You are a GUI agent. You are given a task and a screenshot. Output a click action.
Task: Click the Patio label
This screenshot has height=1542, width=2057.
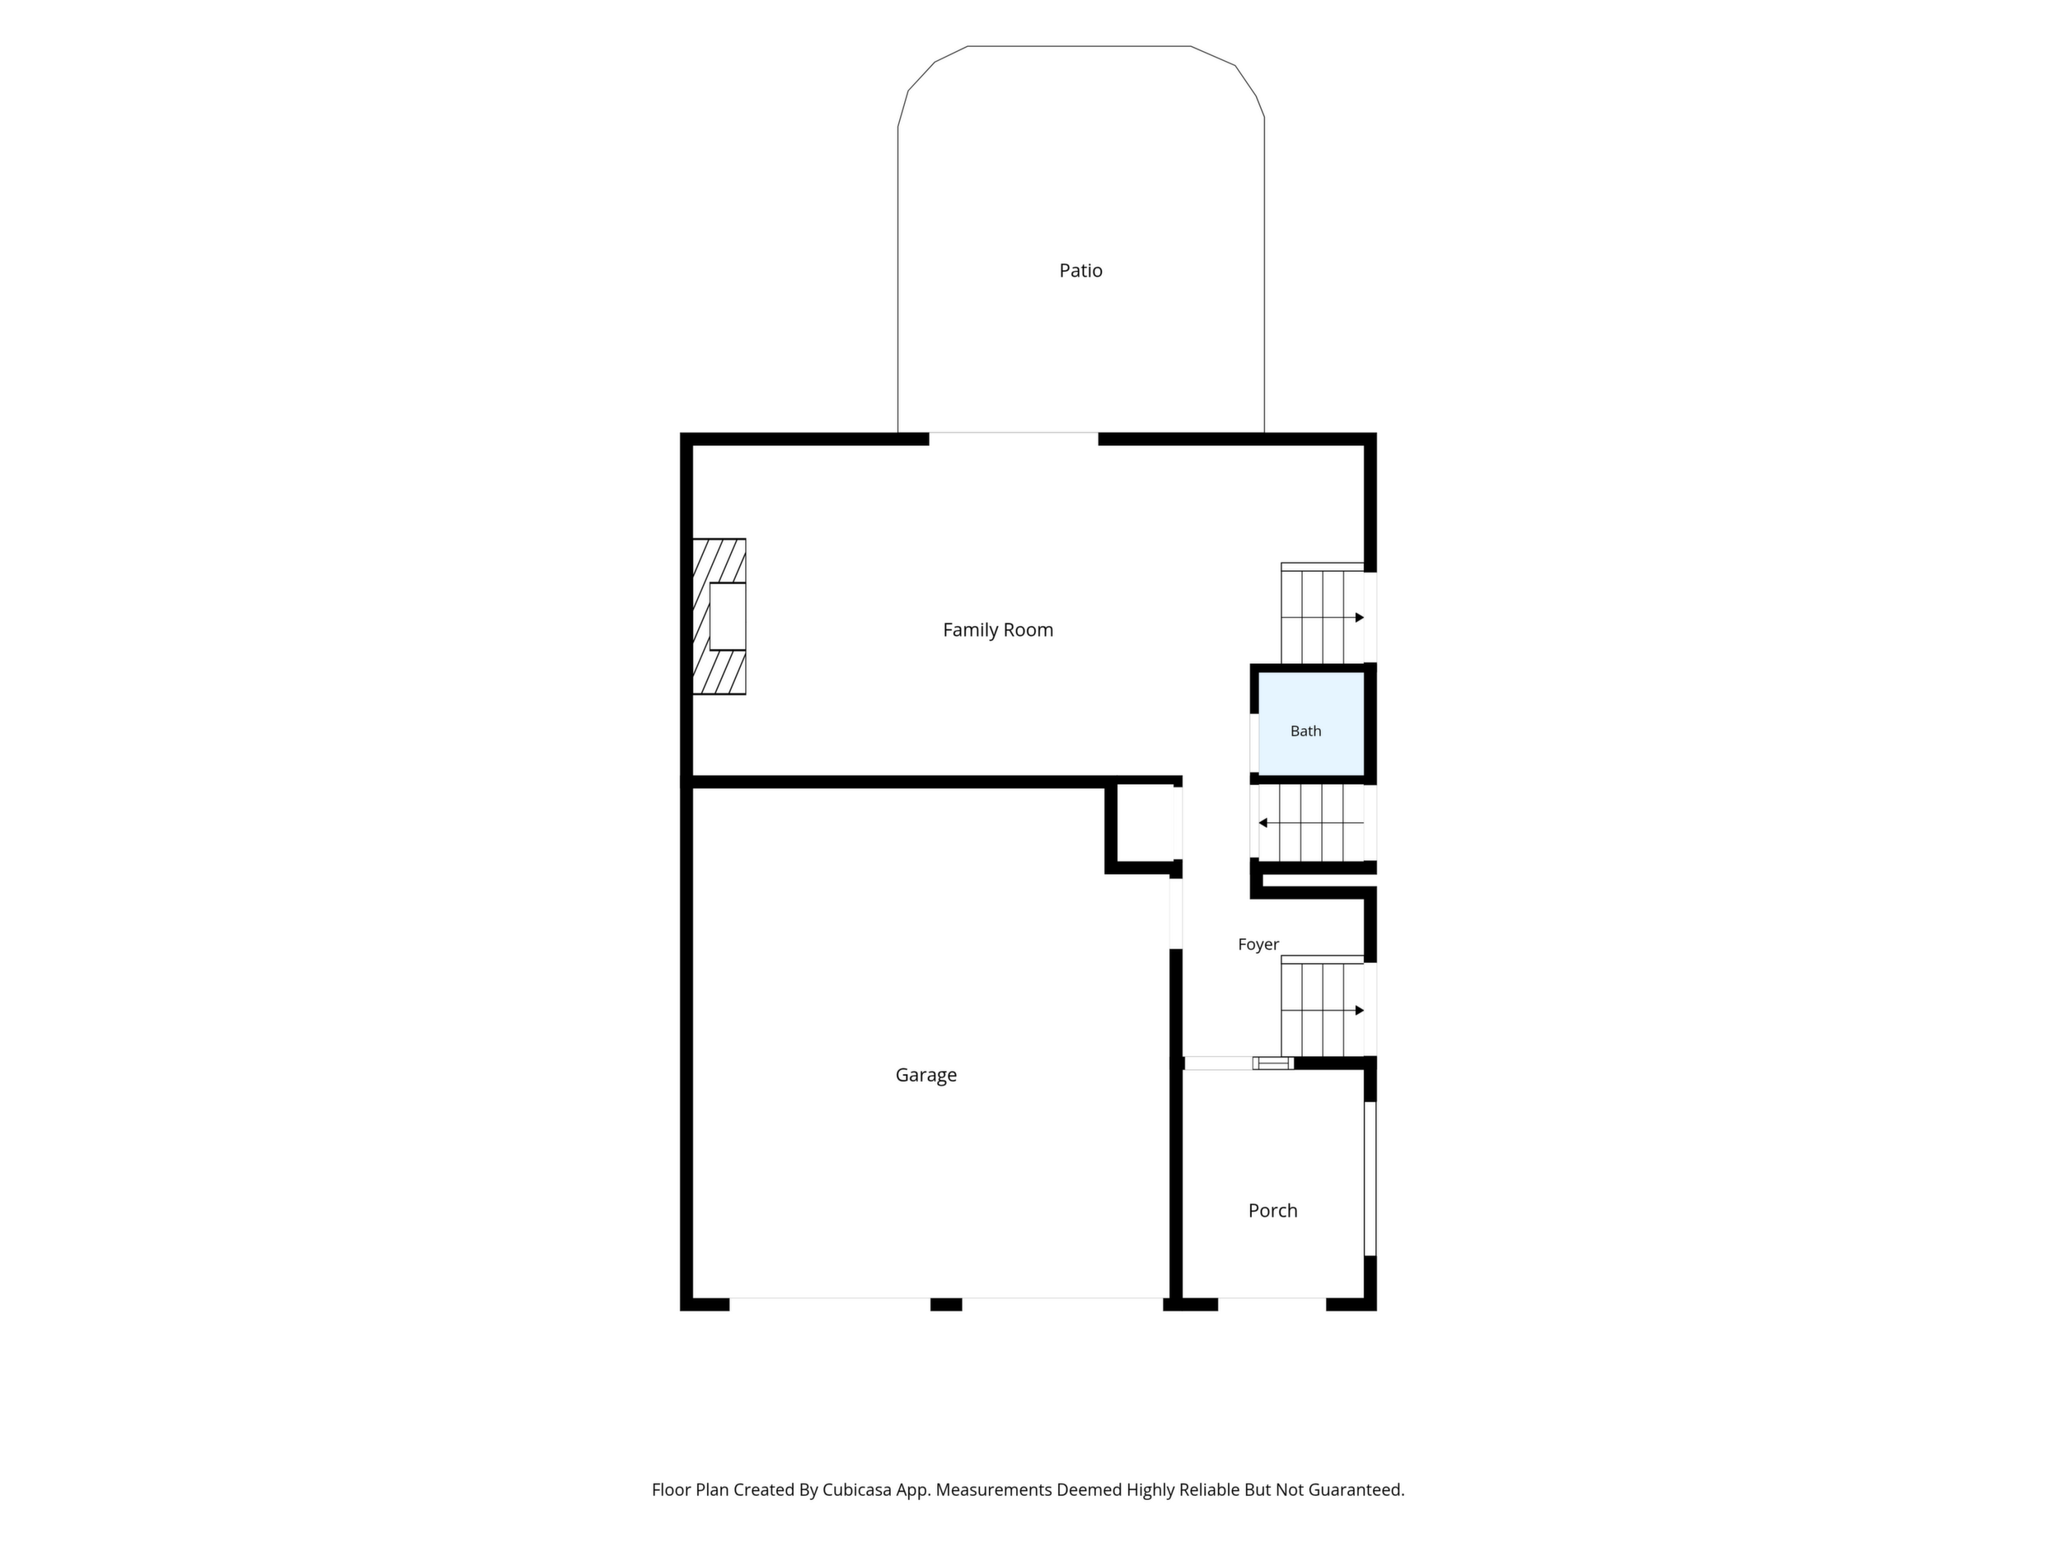[x=1080, y=270]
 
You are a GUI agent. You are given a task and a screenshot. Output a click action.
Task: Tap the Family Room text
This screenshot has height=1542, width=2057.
[x=998, y=630]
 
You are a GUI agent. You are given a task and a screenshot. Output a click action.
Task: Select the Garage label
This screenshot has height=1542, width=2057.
[x=926, y=1076]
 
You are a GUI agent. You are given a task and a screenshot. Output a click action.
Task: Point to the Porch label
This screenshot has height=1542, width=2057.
[x=1273, y=1210]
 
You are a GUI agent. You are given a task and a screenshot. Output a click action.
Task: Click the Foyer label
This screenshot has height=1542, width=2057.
[x=1258, y=944]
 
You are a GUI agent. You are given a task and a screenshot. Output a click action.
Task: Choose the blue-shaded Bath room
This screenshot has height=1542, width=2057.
[x=1311, y=724]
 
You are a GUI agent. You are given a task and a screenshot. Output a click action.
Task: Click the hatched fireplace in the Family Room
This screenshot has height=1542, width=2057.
[x=719, y=616]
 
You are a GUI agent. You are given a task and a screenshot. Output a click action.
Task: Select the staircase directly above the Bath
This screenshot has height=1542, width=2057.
[x=1323, y=614]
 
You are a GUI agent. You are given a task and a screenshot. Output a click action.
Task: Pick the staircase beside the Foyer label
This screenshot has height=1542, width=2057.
[x=1323, y=1007]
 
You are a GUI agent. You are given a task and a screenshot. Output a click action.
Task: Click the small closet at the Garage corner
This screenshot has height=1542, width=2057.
[x=1145, y=825]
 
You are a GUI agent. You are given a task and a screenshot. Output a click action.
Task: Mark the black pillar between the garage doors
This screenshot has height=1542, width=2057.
[x=946, y=1304]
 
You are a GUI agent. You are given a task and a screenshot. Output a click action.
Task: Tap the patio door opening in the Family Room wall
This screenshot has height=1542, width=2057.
[x=1014, y=439]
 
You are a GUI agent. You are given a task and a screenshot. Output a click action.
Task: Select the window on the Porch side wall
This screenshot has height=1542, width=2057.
[x=1370, y=1179]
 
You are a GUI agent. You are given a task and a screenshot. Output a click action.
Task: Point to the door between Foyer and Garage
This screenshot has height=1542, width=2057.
[x=1175, y=914]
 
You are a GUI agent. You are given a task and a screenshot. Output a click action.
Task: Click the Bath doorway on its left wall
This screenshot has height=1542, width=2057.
[x=1254, y=743]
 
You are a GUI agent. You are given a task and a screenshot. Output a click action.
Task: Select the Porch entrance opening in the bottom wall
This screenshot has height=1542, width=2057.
[x=1272, y=1304]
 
